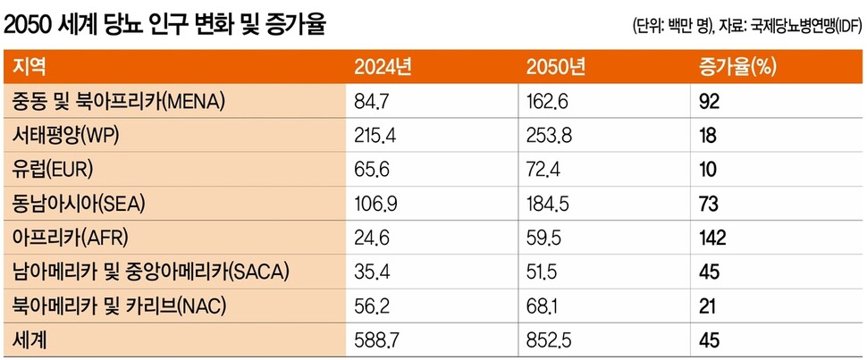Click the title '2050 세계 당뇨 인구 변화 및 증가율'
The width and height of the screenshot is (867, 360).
[x=165, y=24]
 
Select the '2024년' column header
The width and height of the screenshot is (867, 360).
[x=383, y=66]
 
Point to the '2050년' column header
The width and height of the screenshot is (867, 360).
[x=556, y=66]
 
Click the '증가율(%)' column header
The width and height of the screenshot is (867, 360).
[x=737, y=66]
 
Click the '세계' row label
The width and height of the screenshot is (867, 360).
[x=30, y=339]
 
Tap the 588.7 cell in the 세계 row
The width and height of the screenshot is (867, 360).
[x=375, y=339]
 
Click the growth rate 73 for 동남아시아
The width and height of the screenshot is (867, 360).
[x=709, y=203]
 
